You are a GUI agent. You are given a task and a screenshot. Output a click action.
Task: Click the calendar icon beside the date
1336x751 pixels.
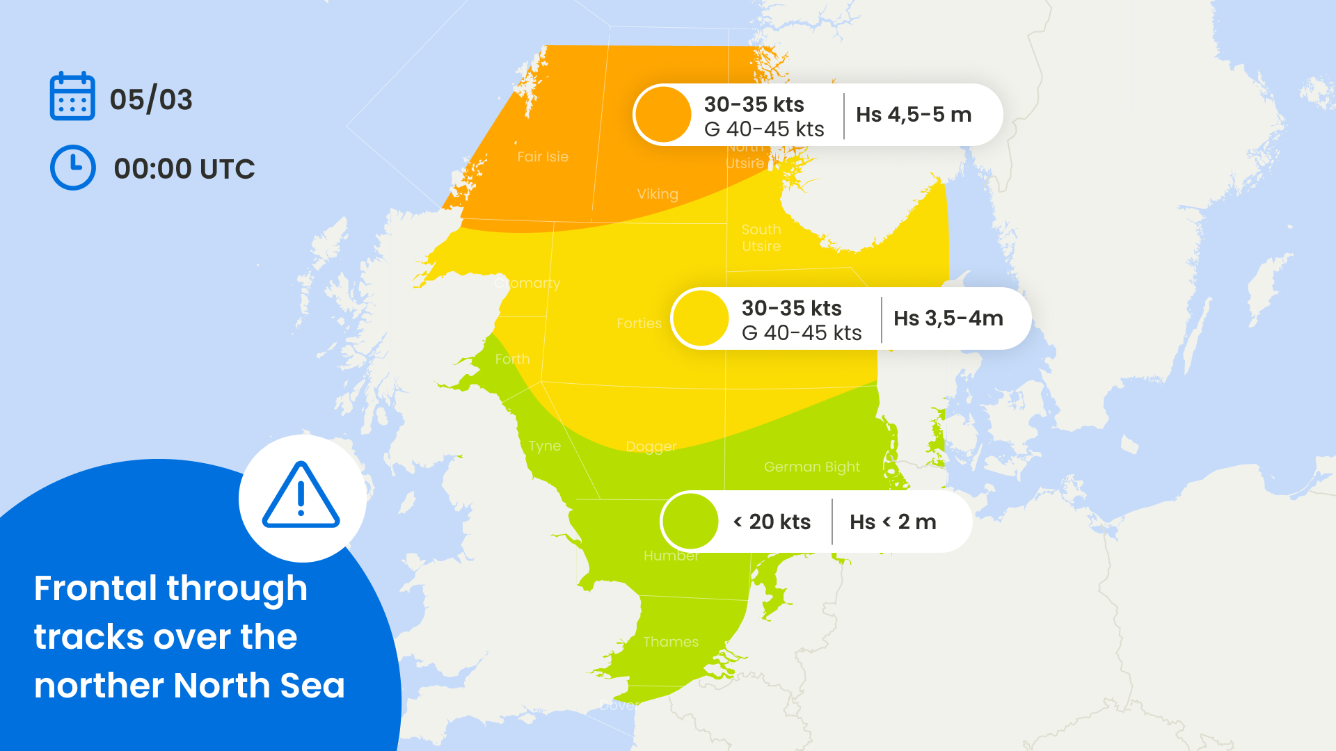click(x=72, y=97)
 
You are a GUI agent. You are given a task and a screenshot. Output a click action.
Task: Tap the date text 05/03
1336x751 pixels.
click(x=151, y=99)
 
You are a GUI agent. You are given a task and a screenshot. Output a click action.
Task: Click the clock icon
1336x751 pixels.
click(x=73, y=168)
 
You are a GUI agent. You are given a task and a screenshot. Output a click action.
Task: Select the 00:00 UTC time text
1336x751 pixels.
click(x=184, y=169)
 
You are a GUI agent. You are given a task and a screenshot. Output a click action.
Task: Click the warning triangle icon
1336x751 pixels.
click(x=301, y=496)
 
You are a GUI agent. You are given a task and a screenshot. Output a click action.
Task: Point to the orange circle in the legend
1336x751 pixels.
click(x=663, y=115)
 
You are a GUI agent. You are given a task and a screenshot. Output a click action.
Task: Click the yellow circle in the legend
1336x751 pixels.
click(x=701, y=318)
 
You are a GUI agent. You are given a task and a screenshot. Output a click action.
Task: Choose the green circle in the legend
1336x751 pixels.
click(x=690, y=522)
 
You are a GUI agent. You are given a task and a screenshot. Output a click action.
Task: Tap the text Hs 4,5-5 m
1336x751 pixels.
click(x=914, y=115)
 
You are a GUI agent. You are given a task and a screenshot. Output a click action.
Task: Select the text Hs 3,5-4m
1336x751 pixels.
click(x=948, y=318)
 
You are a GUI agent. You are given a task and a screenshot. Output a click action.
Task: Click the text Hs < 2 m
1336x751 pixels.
click(x=893, y=522)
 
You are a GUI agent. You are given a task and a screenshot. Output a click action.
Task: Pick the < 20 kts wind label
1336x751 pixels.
click(x=772, y=522)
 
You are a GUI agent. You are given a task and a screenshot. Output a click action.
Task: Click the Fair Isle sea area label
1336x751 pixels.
click(x=543, y=157)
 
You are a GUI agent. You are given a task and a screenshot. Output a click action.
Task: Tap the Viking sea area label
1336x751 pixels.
click(x=658, y=195)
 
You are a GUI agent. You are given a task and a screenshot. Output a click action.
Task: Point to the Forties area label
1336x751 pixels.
click(x=639, y=323)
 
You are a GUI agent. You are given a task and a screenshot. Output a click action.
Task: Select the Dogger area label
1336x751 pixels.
click(x=651, y=446)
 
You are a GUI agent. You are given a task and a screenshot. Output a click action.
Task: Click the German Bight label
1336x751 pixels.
click(x=812, y=467)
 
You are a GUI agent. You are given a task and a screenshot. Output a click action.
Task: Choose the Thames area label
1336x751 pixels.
click(x=671, y=642)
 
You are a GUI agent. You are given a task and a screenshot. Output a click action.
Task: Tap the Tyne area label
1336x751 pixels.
click(x=544, y=446)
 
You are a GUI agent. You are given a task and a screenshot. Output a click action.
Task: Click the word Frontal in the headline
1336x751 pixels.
click(x=95, y=588)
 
